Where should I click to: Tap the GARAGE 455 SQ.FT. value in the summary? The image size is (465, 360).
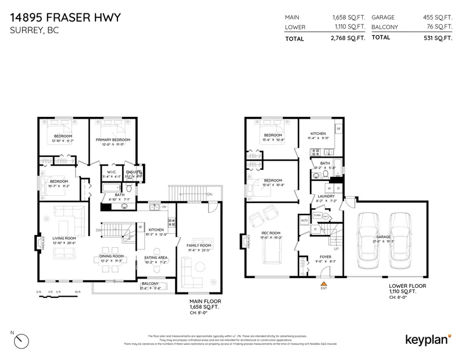(437, 17)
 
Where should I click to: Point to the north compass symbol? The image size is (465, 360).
(21, 338)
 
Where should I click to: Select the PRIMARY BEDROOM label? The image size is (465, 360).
(113, 140)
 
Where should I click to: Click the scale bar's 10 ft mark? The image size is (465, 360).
(77, 291)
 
